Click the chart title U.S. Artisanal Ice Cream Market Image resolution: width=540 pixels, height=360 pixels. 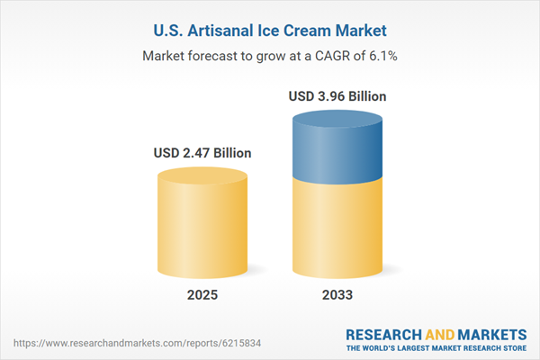pos(270,31)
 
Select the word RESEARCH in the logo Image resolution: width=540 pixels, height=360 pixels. pos(386,333)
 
